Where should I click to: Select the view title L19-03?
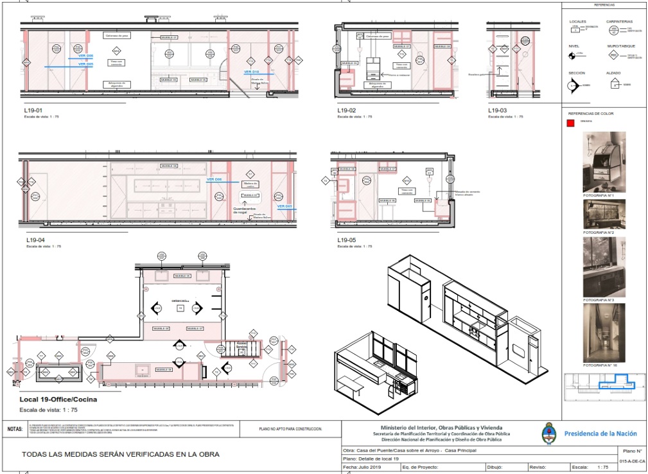pyautogui.click(x=498, y=110)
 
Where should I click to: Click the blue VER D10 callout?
pyautogui.click(x=251, y=72)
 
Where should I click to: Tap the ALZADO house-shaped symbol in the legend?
pyautogui.click(x=614, y=84)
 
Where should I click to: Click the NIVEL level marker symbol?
pyautogui.click(x=572, y=56)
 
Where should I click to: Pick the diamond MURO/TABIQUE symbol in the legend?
pyautogui.click(x=614, y=56)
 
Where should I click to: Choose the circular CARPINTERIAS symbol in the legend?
pyautogui.click(x=614, y=30)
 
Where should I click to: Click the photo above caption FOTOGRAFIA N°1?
pyautogui.click(x=604, y=162)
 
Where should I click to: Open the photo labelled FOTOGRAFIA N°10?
pyautogui.click(x=604, y=333)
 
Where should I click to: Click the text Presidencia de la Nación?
pyautogui.click(x=600, y=434)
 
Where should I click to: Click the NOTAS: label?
pyautogui.click(x=15, y=428)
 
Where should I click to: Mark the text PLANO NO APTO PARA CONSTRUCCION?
pyautogui.click(x=290, y=428)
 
